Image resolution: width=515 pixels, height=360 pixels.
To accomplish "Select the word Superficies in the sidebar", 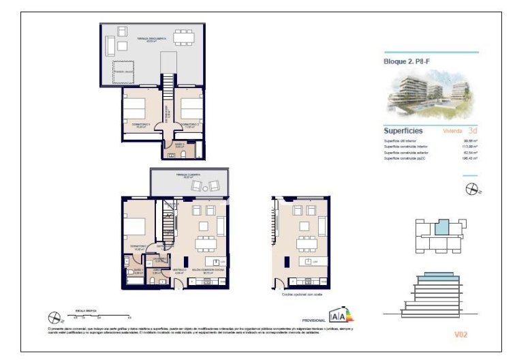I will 403,130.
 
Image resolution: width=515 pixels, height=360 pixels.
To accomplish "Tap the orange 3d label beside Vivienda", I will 473,130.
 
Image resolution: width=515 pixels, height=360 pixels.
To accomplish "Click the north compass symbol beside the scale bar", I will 55,316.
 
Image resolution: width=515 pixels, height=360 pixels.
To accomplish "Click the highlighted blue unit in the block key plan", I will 443,227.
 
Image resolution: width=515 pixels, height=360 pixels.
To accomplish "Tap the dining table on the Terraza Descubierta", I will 184,35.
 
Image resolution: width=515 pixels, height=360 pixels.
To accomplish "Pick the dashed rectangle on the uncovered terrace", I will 124,70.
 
